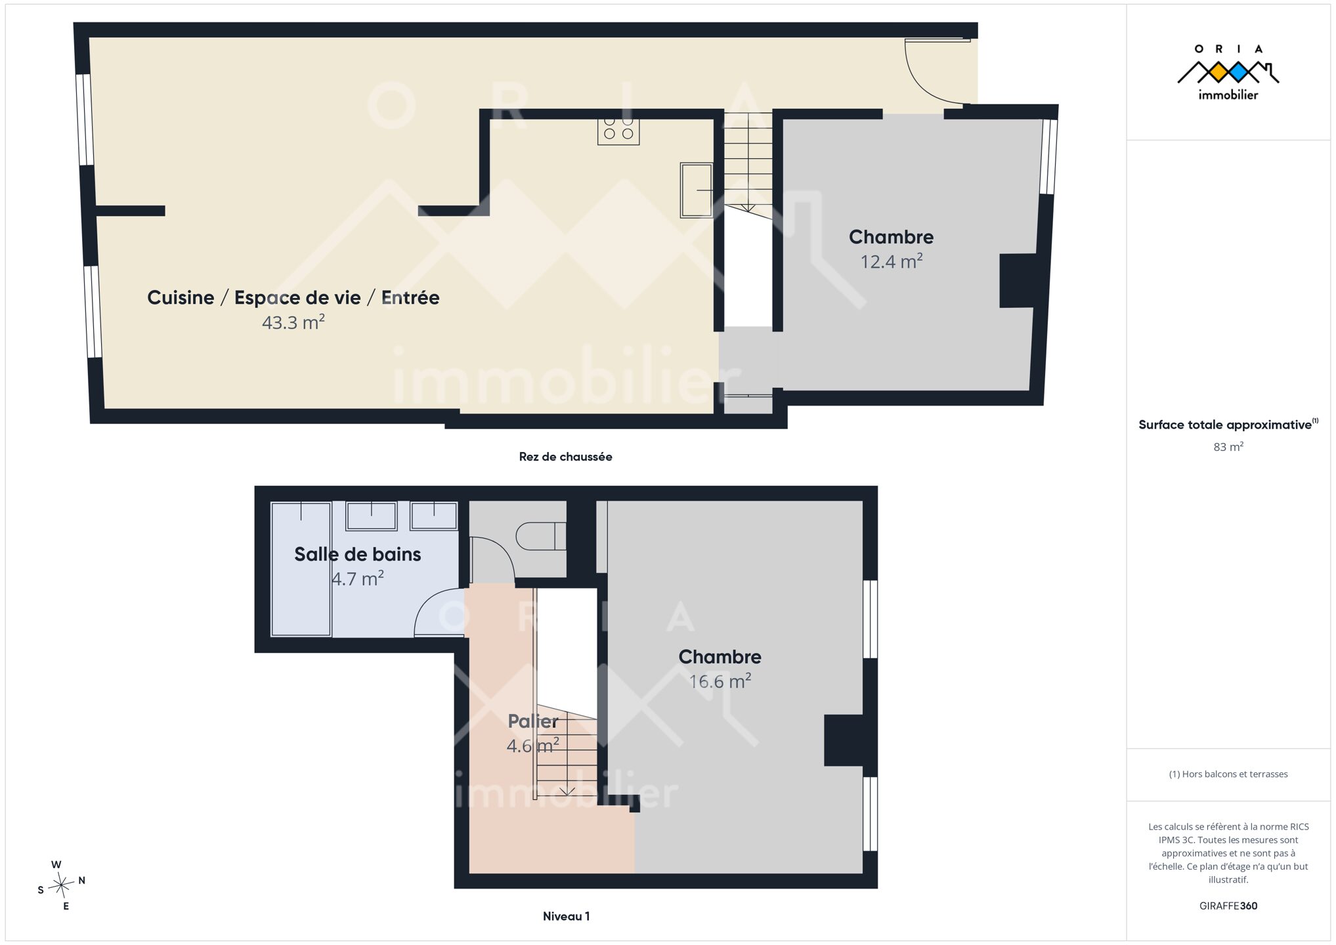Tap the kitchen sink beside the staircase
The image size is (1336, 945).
pos(697,190)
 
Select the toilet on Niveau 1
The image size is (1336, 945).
pos(540,536)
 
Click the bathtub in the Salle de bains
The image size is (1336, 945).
pos(301,569)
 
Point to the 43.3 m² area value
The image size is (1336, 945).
pos(293,322)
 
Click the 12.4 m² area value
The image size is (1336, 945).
pos(892,261)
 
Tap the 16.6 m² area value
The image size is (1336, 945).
pos(720,681)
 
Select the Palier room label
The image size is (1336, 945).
pos(533,721)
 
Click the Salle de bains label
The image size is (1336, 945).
pos(358,555)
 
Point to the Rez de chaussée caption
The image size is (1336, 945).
pos(566,457)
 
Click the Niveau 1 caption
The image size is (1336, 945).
pos(567,916)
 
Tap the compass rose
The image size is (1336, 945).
pos(61,886)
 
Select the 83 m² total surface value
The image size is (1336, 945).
pos(1228,447)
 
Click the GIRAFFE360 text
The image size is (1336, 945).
pos(1228,906)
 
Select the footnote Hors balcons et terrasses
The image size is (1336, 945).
pos(1228,774)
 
